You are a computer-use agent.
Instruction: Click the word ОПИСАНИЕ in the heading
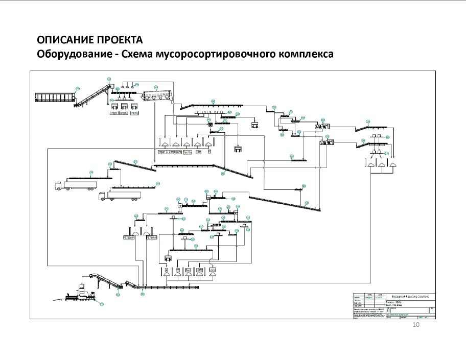(60, 40)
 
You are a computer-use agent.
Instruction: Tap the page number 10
(415, 325)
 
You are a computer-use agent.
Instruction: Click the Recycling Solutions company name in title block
(410, 296)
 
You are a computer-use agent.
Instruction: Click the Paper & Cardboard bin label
(168, 152)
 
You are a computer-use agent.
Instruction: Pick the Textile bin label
(187, 152)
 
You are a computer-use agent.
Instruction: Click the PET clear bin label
(128, 237)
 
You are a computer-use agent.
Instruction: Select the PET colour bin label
(151, 237)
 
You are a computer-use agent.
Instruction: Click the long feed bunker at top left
(54, 97)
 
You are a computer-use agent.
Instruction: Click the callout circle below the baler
(101, 305)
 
